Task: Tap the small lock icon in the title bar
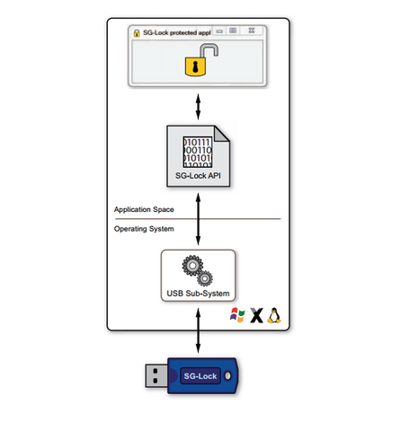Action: [x=137, y=33]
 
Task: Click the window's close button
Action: [x=252, y=31]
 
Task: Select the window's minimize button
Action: [x=219, y=31]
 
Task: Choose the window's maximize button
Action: [x=233, y=31]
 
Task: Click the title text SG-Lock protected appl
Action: [x=176, y=32]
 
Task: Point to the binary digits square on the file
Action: [x=198, y=152]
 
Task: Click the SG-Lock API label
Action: [x=198, y=176]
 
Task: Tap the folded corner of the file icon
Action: [x=222, y=134]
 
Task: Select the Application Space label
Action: [x=144, y=209]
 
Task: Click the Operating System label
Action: [x=144, y=229]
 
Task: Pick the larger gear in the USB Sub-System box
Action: [x=192, y=266]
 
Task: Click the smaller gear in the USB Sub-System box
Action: [x=205, y=278]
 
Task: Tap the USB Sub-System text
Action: [x=198, y=294]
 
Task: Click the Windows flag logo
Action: [x=237, y=315]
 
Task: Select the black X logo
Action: [x=256, y=315]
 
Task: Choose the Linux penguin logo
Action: [x=274, y=315]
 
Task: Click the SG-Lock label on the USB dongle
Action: [x=201, y=376]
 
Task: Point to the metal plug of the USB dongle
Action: [x=156, y=376]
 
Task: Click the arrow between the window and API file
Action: [x=198, y=107]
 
